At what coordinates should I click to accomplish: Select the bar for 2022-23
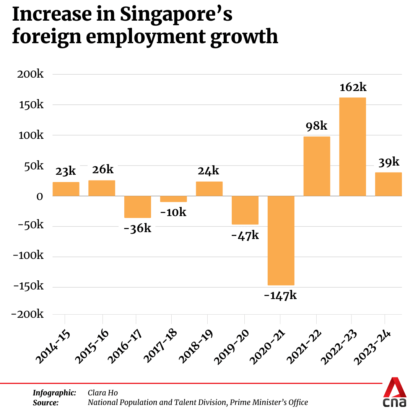tap(353, 147)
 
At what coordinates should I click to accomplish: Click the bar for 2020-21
tap(281, 241)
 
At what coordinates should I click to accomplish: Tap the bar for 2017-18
tap(173, 199)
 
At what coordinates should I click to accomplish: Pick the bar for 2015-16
tap(102, 188)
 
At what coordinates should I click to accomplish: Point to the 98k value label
tap(316, 126)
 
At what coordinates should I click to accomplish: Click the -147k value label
tap(280, 296)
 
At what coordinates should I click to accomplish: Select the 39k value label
tap(388, 162)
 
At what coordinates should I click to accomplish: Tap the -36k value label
tap(137, 228)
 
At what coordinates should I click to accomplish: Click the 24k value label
tap(208, 171)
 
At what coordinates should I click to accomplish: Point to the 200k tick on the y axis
tap(31, 74)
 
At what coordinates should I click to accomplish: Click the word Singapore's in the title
tap(176, 15)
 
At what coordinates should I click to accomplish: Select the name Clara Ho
tap(102, 393)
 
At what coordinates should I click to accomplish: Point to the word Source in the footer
tap(46, 402)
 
